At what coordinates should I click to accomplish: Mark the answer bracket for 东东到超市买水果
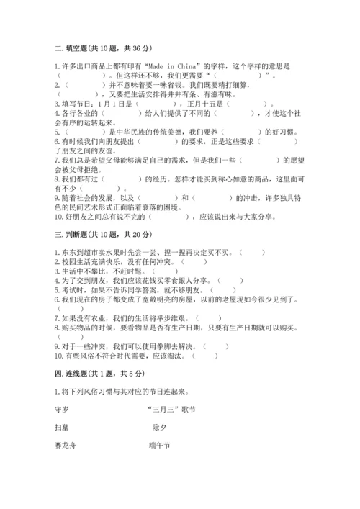point(252,252)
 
